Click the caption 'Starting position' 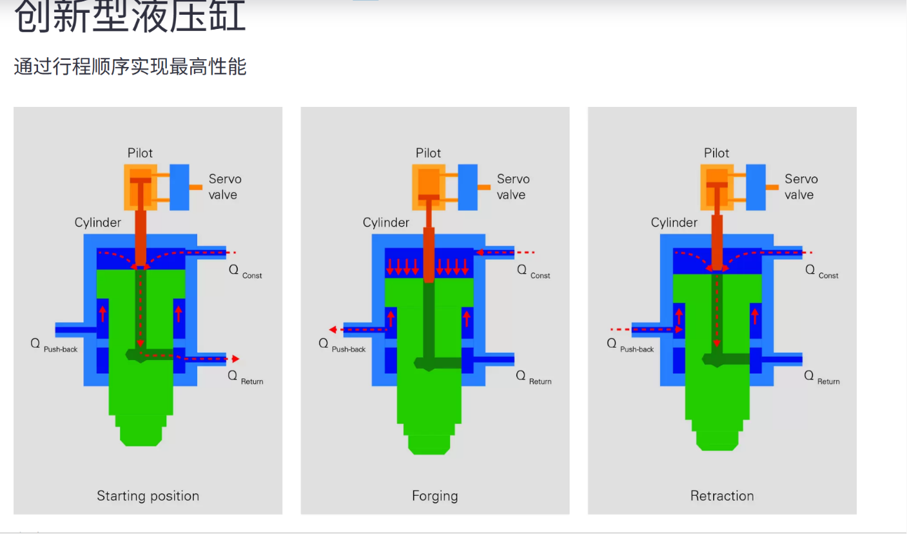[x=148, y=496]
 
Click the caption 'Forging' [x=435, y=496]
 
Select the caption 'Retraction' [x=722, y=495]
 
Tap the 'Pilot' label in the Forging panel [x=428, y=153]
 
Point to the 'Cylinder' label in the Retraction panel [x=674, y=222]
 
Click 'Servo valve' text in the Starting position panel [x=225, y=187]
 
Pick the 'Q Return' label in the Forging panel [x=533, y=377]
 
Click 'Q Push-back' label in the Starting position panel [x=54, y=346]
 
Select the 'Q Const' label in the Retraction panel [x=821, y=272]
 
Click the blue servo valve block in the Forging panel [x=467, y=187]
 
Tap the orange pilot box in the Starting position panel [x=141, y=187]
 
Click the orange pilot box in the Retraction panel [x=717, y=187]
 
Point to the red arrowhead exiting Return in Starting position [x=235, y=359]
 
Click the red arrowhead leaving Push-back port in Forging [x=333, y=330]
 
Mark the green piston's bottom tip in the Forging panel [x=429, y=454]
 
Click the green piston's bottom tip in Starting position [x=141, y=446]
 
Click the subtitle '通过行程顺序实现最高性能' [x=130, y=66]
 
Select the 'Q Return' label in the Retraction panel [x=821, y=377]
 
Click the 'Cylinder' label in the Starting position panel [x=97, y=222]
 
